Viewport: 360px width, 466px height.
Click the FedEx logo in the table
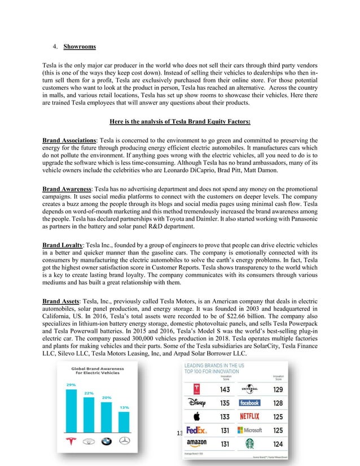[x=194, y=430]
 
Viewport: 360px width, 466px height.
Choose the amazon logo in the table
[x=194, y=444]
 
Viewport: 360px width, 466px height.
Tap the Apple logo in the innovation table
[x=194, y=417]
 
